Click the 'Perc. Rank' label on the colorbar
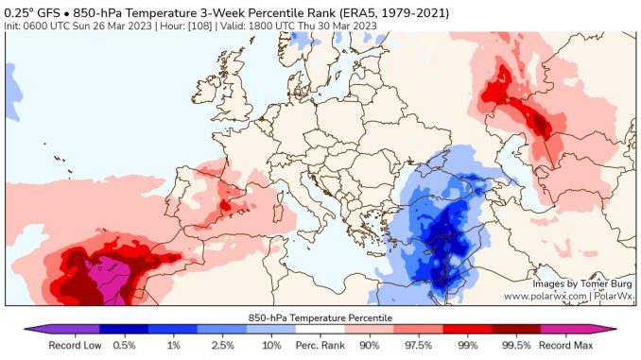(x=320, y=345)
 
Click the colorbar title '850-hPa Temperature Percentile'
(x=320, y=317)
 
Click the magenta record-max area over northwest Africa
(x=99, y=280)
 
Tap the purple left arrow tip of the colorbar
(x=28, y=330)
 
